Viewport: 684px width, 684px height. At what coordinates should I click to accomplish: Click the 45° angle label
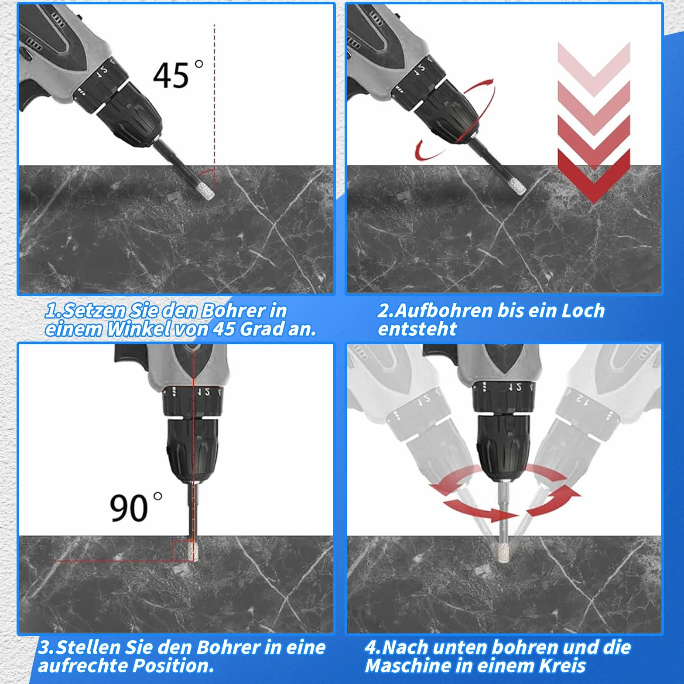point(178,75)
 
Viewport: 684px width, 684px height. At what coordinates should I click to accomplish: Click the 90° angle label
point(135,507)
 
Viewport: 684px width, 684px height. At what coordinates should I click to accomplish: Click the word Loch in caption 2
point(583,310)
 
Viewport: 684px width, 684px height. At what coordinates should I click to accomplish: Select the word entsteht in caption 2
point(417,329)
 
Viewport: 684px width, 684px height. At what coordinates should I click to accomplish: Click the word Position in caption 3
point(173,666)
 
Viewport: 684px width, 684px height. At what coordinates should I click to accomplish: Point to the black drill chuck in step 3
point(192,449)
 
